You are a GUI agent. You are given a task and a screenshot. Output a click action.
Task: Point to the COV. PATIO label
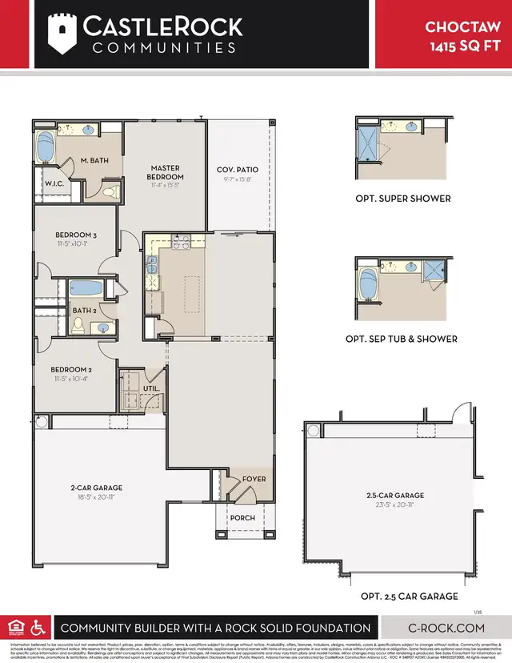pos(238,170)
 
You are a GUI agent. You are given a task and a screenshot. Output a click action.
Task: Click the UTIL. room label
pos(151,388)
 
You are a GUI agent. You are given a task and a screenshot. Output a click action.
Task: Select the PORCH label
pos(242,517)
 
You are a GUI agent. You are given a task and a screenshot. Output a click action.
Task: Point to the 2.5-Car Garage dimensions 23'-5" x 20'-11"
pos(392,506)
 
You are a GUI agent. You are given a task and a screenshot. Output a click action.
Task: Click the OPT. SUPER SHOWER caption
pos(403,198)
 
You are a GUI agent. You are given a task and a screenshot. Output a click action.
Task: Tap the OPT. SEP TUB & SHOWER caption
pos(402,339)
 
